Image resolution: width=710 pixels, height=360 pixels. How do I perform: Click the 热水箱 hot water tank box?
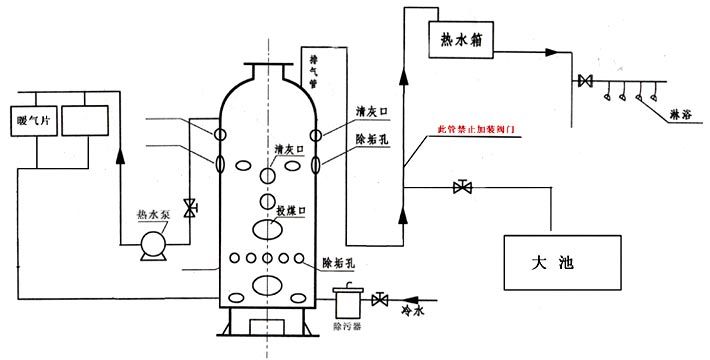[466, 40]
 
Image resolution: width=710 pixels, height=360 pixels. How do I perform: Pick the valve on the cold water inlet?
[380, 299]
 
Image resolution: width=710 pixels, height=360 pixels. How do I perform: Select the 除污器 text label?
[349, 326]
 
